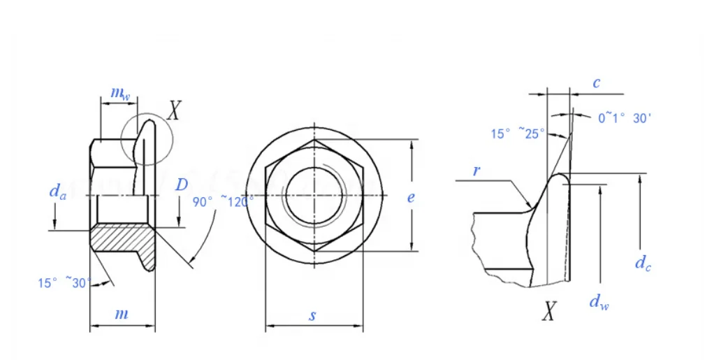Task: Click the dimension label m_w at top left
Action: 120,94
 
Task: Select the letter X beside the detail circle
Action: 175,110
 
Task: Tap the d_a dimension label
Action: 57,191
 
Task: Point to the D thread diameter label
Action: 181,185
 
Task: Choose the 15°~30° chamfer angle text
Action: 64,283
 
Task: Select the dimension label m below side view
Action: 122,314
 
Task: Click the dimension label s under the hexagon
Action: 313,315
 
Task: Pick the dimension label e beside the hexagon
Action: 411,198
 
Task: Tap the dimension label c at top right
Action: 596,83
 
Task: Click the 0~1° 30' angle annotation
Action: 625,118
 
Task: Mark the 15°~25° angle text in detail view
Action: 517,134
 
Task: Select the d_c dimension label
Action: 643,263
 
